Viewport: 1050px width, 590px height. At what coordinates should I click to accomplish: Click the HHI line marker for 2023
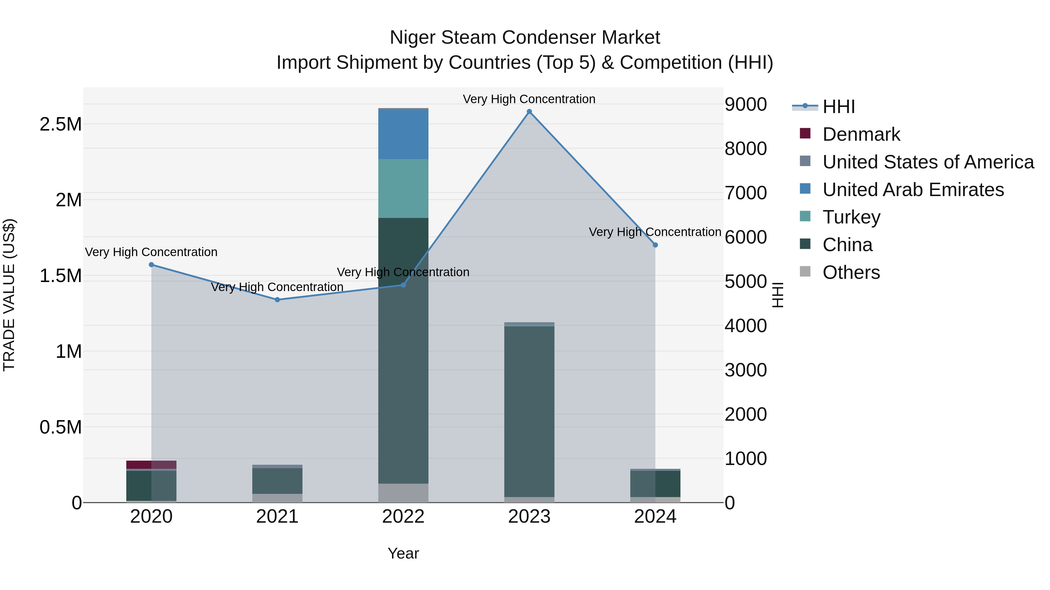529,112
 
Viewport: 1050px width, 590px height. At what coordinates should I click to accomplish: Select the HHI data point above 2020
151,265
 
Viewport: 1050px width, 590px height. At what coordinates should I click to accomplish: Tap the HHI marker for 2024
655,245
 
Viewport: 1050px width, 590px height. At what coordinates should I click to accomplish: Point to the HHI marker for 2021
277,300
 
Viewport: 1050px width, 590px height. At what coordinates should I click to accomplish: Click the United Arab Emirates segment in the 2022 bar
403,134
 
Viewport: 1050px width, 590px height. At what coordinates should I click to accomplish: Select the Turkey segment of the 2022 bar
403,188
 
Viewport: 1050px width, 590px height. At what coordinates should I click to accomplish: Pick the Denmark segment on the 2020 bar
151,465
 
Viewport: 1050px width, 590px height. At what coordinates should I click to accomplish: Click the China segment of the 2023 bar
529,411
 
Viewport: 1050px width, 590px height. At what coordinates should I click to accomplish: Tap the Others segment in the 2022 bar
403,493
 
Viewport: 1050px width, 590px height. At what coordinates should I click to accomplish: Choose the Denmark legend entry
861,134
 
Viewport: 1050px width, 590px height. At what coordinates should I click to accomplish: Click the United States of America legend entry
928,162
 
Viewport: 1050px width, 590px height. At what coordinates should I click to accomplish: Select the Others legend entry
851,272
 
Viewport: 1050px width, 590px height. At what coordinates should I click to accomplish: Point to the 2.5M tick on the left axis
61,124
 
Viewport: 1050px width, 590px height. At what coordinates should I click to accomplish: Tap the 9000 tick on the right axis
745,104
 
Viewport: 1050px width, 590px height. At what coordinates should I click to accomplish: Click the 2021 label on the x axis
277,517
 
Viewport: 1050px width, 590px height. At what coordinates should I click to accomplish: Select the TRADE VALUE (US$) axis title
9,295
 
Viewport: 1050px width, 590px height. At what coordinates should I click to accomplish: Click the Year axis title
403,553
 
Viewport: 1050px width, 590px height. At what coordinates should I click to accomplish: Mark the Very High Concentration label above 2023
529,99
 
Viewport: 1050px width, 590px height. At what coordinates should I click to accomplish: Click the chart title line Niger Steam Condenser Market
525,38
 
